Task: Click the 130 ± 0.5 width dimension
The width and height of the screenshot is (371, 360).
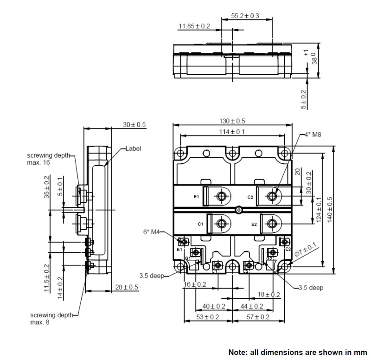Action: pos(232,121)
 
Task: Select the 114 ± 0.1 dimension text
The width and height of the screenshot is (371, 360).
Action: pos(232,132)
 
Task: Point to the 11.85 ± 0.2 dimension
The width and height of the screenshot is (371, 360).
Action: pos(194,26)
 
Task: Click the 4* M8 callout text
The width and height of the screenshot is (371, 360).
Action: pos(313,135)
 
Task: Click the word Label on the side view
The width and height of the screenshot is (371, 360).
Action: pos(133,149)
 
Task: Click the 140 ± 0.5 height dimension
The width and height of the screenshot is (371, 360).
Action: pos(330,210)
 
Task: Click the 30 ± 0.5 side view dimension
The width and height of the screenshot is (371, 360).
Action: pos(134,125)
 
